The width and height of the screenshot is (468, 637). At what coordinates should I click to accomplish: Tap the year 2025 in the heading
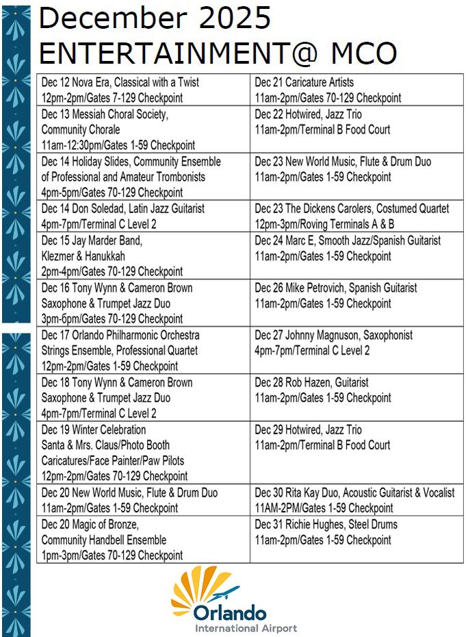coord(232,18)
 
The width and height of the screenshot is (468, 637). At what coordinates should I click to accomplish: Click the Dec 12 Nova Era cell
coord(143,90)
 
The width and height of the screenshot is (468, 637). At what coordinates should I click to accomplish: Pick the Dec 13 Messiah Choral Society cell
coord(143,129)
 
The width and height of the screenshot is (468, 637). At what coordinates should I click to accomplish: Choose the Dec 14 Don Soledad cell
coord(143,216)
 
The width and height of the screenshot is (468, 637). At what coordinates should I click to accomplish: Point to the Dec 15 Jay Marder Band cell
coord(143,255)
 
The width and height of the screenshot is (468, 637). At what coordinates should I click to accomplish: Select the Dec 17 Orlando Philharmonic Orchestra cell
coord(143,350)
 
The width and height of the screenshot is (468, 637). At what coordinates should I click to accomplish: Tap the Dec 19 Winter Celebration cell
coord(143,453)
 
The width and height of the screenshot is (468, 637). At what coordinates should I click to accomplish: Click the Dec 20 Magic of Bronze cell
coord(143,540)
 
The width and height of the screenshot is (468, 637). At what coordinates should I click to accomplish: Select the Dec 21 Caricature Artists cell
coord(356,90)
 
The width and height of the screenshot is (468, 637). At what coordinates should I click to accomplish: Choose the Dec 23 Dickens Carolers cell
coord(356,216)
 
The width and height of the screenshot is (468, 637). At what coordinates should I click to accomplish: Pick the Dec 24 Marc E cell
coord(356,249)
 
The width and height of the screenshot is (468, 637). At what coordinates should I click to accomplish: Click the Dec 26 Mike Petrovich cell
coord(356,295)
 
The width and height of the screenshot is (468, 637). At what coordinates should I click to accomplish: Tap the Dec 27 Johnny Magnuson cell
coord(356,342)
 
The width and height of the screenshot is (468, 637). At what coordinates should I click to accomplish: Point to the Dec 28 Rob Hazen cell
coord(356,390)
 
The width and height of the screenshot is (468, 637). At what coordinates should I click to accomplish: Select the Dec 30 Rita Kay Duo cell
coord(356,500)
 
